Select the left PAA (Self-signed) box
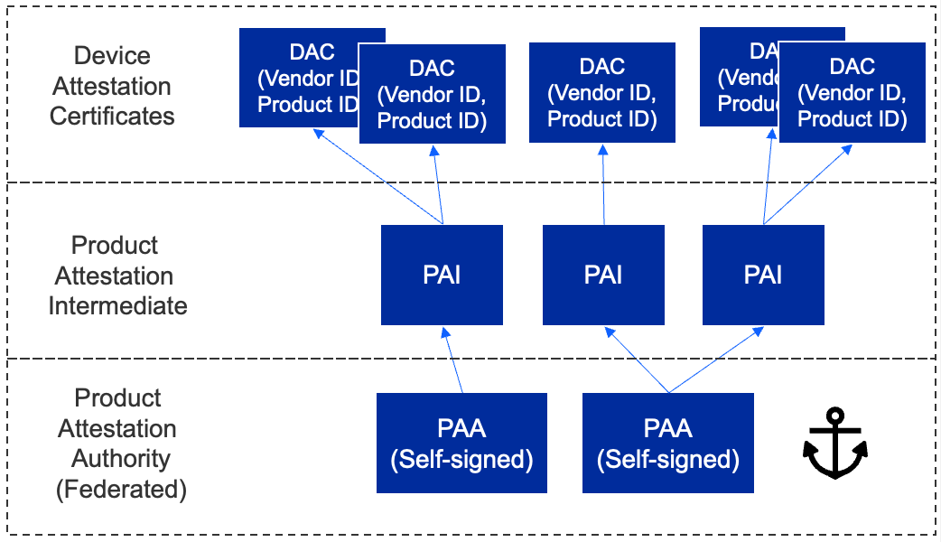pyautogui.click(x=461, y=444)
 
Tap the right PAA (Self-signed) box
pyautogui.click(x=668, y=444)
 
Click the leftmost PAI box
pyautogui.click(x=442, y=275)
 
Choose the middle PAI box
pyautogui.click(x=603, y=275)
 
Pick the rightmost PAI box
pyautogui.click(x=763, y=275)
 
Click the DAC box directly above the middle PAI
pyautogui.click(x=602, y=93)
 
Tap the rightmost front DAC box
pyautogui.click(x=852, y=93)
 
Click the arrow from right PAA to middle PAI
pyautogui.click(x=637, y=361)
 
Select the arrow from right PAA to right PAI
pyautogui.click(x=713, y=361)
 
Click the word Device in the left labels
pyautogui.click(x=112, y=56)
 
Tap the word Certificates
pyautogui.click(x=112, y=117)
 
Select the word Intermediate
pyautogui.click(x=117, y=305)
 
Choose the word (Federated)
pyautogui.click(x=121, y=490)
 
